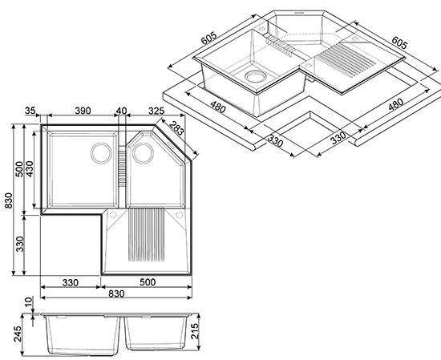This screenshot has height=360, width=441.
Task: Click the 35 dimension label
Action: [30, 111]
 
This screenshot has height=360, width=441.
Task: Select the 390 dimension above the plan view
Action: [83, 111]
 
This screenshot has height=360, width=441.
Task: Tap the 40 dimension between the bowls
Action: [122, 111]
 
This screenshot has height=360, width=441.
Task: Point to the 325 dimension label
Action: [156, 111]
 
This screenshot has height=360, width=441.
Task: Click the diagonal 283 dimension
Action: [176, 128]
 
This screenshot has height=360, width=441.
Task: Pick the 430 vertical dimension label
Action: [29, 168]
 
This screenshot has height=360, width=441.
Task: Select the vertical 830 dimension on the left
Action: [9, 200]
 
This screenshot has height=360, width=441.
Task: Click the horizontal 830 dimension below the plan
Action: [116, 294]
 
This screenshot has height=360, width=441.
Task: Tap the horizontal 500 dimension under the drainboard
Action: [148, 282]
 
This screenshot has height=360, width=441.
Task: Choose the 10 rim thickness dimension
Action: [29, 302]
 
